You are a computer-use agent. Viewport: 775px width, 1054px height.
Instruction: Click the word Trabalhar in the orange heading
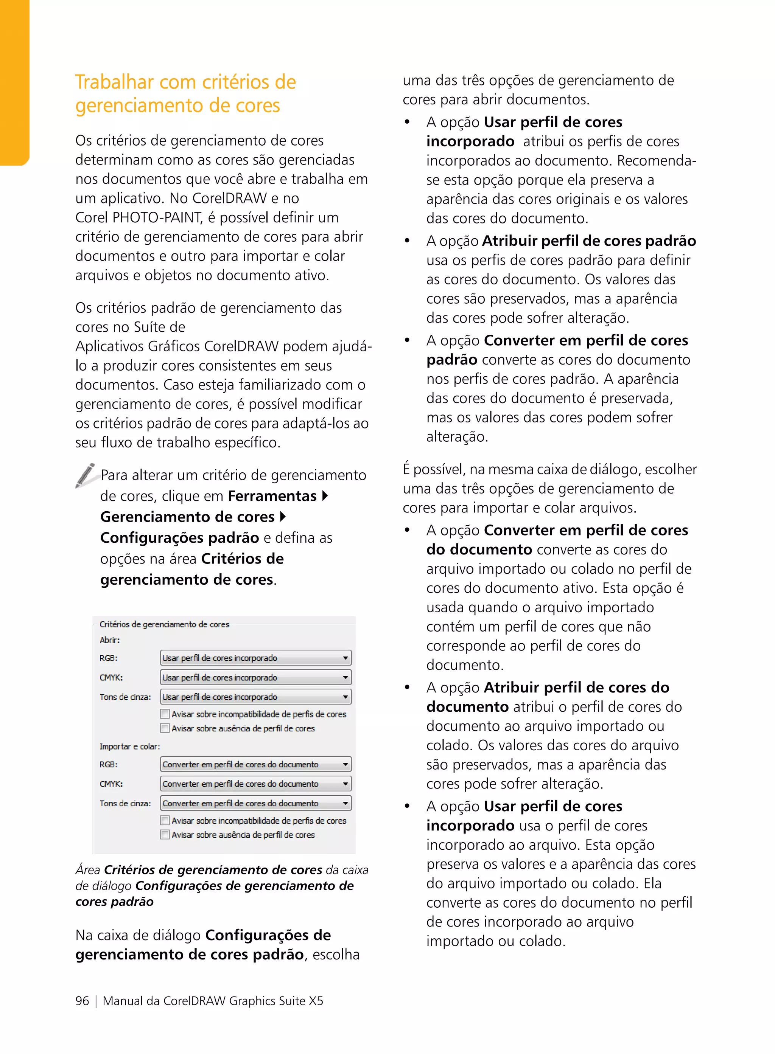(x=114, y=82)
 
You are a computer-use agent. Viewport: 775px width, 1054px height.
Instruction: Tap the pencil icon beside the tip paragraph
(x=86, y=475)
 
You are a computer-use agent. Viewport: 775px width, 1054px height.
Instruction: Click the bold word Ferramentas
(x=272, y=496)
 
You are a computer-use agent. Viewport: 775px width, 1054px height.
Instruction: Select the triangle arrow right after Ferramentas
(x=325, y=495)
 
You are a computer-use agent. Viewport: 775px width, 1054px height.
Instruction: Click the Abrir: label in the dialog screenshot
(x=109, y=640)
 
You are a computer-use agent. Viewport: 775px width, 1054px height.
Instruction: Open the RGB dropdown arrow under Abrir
(x=345, y=658)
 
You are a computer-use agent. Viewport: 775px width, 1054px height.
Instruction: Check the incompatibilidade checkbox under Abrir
(x=165, y=714)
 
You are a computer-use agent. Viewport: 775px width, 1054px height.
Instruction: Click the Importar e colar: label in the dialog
(x=129, y=747)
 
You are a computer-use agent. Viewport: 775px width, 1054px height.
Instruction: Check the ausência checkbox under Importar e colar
(x=165, y=835)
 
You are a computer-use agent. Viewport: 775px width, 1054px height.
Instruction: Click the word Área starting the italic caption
(x=88, y=870)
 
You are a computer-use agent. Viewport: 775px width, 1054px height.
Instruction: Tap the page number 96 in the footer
(x=82, y=1001)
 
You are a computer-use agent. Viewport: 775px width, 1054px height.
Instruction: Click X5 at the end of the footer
(x=315, y=1001)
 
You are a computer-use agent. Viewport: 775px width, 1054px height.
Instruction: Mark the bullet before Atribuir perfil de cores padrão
(x=407, y=241)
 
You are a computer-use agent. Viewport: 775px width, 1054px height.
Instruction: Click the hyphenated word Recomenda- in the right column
(x=656, y=160)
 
